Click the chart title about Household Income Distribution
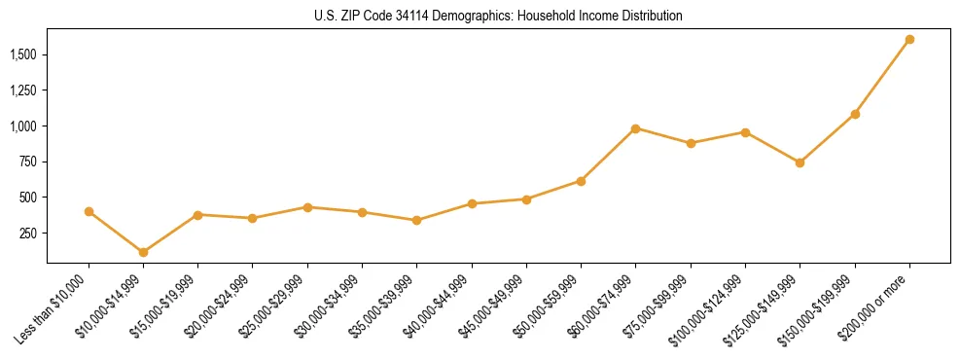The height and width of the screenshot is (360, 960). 499,16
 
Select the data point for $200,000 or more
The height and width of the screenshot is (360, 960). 909,39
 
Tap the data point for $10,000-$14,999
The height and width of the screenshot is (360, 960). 144,252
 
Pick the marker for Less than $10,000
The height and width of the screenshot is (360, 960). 89,211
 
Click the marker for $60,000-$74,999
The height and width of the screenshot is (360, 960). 635,128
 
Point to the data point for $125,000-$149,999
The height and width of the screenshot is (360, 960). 800,162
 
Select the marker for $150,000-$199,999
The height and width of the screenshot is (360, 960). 855,114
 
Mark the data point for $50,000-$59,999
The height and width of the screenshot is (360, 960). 581,181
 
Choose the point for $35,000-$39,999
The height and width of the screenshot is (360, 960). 416,220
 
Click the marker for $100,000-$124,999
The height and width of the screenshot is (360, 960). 745,132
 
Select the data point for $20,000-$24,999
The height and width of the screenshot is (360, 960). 253,218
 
